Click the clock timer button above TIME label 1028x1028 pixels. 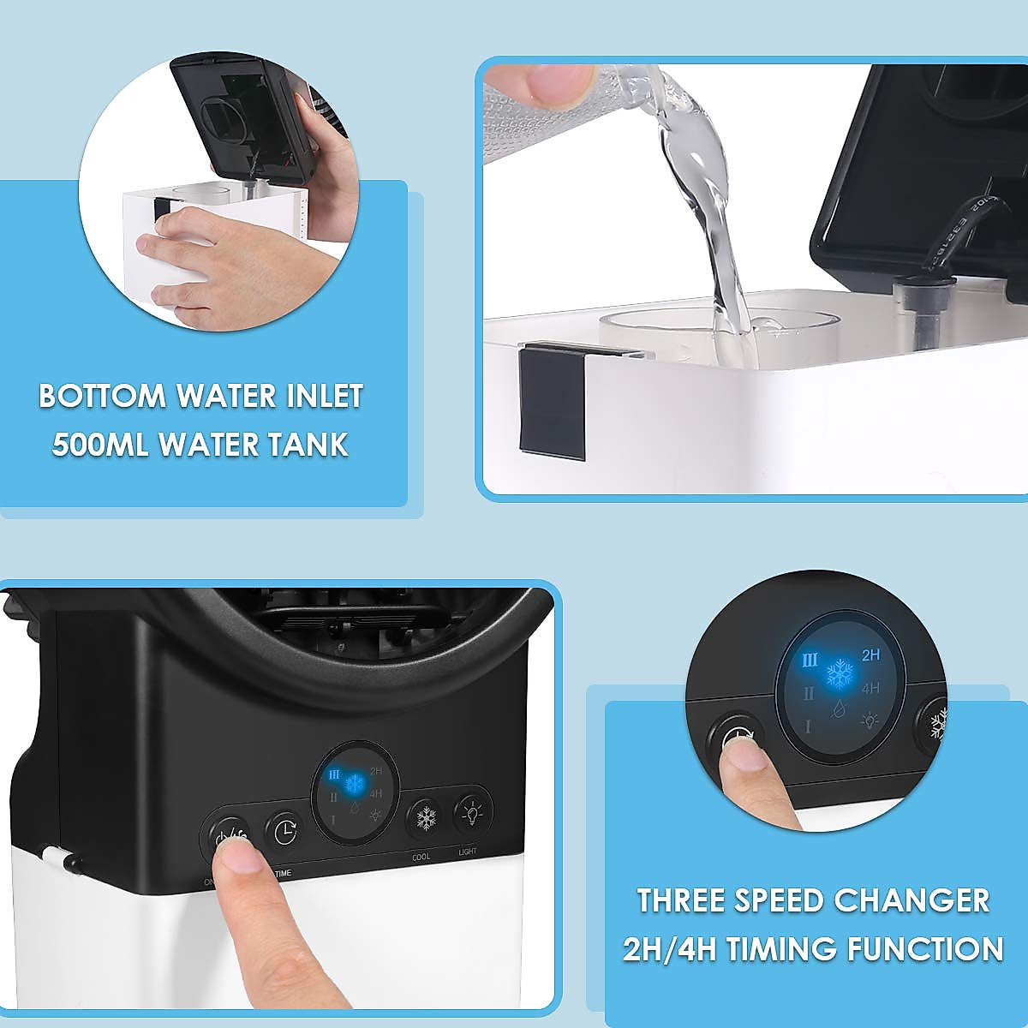pos(284,831)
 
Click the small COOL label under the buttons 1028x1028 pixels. pos(421,857)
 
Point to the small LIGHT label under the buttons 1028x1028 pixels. pos(468,852)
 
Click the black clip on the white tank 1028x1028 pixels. pos(553,398)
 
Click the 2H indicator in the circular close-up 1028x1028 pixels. pos(871,655)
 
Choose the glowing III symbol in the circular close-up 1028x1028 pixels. pos(810,660)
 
